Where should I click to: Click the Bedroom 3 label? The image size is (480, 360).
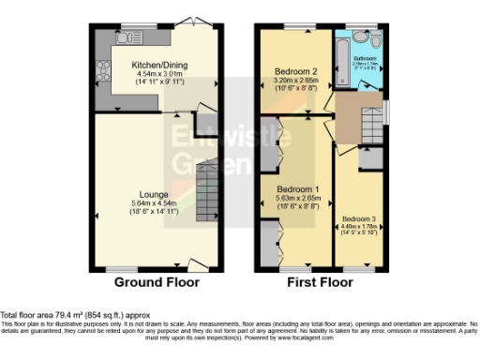tap(358, 218)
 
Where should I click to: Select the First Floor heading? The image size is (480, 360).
tap(318, 281)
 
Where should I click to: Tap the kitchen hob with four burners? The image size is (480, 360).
tap(103, 71)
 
